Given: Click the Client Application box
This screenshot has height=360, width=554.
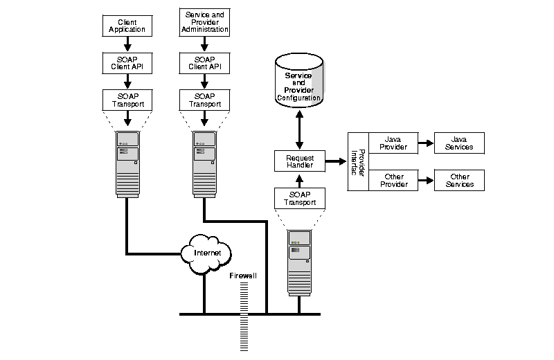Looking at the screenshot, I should click(127, 26).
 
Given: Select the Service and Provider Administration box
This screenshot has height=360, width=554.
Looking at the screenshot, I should click(204, 22).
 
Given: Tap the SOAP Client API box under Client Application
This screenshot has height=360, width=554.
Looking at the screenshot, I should click(127, 63).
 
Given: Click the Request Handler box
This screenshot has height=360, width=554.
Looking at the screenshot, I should click(300, 162).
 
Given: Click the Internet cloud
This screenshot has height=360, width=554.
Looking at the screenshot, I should click(207, 253).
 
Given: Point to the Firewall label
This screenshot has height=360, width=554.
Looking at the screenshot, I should click(243, 276).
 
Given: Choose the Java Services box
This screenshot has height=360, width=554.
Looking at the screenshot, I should click(459, 143).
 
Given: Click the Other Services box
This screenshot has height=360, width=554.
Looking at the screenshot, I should click(459, 181).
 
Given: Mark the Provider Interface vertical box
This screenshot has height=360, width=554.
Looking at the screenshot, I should click(357, 161).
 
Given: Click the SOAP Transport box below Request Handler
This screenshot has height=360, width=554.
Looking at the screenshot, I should click(300, 198).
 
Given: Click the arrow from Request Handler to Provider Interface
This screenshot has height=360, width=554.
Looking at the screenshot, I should click(335, 162).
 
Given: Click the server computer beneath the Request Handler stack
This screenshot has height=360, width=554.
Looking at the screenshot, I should click(300, 262).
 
